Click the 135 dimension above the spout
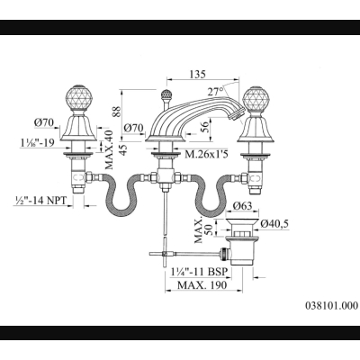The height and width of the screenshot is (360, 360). click(x=197, y=74)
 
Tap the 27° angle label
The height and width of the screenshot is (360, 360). click(x=216, y=92)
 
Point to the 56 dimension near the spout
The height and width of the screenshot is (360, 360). click(x=204, y=127)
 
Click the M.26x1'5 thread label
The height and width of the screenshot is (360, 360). click(x=207, y=155)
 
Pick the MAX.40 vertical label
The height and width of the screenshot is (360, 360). click(x=109, y=149)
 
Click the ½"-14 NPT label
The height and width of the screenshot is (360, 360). click(x=40, y=201)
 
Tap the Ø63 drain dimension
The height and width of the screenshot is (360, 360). click(x=243, y=206)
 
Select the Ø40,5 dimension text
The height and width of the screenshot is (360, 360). click(x=274, y=224)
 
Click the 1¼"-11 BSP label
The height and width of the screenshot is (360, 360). click(x=200, y=272)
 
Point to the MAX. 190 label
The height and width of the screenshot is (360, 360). click(x=202, y=284)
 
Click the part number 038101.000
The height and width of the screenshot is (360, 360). click(x=331, y=305)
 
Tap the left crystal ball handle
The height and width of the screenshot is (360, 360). click(x=78, y=98)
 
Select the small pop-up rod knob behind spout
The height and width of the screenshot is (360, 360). click(x=165, y=95)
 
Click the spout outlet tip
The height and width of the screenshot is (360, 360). click(x=236, y=115)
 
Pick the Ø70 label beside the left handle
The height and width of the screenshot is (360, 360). click(x=44, y=122)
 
